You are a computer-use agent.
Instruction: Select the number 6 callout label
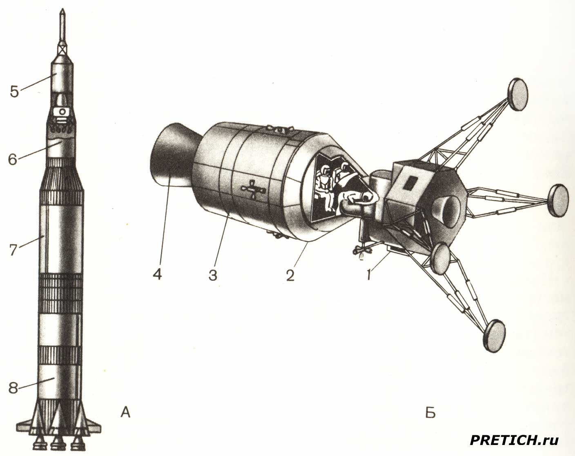[13, 159]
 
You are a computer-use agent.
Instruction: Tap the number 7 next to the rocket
[13, 250]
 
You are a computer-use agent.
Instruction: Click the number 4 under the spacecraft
[158, 274]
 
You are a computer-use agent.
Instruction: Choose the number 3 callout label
[213, 275]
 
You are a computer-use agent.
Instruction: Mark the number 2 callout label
[290, 275]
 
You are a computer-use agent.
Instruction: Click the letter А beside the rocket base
[125, 413]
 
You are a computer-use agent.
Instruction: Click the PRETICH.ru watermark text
[514, 440]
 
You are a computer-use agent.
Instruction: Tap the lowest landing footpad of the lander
[494, 336]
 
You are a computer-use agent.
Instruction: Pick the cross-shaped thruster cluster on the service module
[253, 190]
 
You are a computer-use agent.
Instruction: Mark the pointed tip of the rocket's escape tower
[62, 10]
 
